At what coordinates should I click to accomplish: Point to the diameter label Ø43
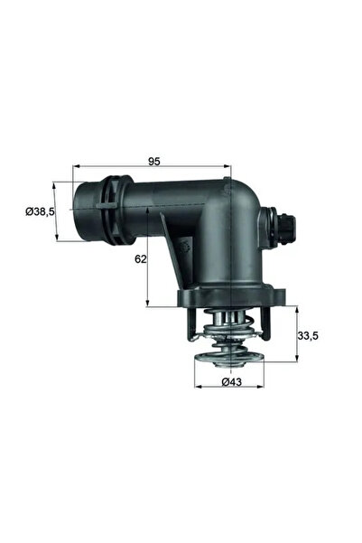pyautogui.click(x=231, y=382)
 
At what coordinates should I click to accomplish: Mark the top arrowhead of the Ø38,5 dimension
pyautogui.click(x=59, y=184)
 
